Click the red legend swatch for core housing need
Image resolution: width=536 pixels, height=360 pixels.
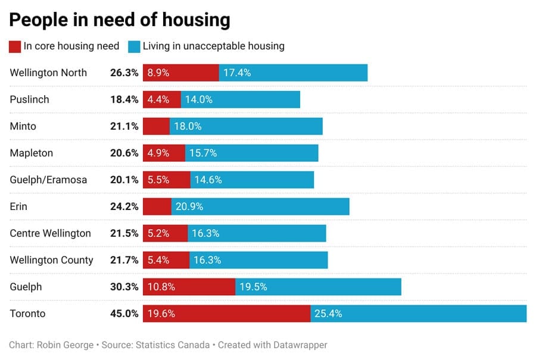[15, 46]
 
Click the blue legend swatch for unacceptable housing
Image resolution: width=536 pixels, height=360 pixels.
[134, 46]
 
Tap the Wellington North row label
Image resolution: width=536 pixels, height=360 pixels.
[48, 73]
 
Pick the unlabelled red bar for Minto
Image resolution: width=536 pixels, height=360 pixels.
[156, 126]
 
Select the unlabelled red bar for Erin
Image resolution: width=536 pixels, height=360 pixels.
[157, 206]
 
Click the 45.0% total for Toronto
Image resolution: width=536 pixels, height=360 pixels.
[124, 314]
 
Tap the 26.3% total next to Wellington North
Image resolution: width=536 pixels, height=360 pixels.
[124, 73]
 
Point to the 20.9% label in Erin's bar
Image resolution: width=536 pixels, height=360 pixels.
[189, 206]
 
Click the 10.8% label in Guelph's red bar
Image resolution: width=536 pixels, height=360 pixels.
[161, 287]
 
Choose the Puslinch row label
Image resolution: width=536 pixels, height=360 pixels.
[29, 99]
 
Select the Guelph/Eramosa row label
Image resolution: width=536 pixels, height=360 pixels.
[47, 180]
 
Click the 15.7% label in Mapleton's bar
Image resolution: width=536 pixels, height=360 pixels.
[203, 153]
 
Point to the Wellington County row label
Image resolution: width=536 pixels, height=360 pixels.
[51, 260]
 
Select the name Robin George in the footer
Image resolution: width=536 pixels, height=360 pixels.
[64, 345]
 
